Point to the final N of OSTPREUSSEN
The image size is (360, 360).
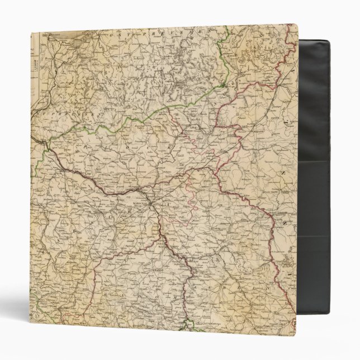[212, 32]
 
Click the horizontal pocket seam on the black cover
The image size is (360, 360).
[313, 162]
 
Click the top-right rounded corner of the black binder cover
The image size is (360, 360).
[326, 42]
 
